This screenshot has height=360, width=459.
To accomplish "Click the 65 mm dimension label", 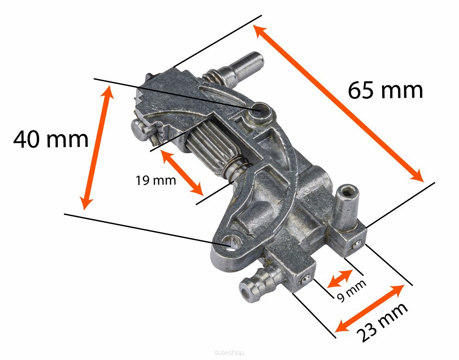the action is point(385,90).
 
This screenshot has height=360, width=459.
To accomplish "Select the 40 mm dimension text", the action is point(50,139).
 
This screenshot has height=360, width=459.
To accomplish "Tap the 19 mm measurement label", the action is point(156,180).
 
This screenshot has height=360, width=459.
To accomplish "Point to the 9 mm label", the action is point(352,290).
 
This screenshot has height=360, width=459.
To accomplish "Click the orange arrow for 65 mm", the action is point(338,103).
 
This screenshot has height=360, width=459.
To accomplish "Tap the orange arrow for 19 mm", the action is point(182,173).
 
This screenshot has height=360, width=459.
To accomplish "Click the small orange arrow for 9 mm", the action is point(340,279).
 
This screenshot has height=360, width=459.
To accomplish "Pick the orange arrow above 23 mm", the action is point(369,308).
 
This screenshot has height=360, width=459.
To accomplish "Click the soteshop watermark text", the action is point(229,353).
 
